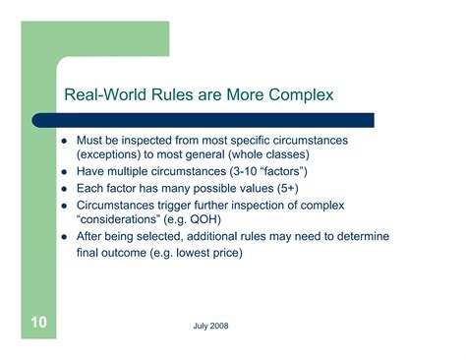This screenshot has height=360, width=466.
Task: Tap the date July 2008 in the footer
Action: tap(212, 325)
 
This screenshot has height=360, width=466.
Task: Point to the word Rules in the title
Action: tap(168, 95)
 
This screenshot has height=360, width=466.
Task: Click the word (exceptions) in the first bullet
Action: tap(110, 155)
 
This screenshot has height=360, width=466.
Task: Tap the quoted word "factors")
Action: tap(274, 172)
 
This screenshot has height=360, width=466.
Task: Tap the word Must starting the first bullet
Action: tap(91, 141)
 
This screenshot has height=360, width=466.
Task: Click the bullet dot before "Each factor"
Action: tap(64, 189)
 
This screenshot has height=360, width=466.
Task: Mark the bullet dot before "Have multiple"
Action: tap(64, 173)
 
